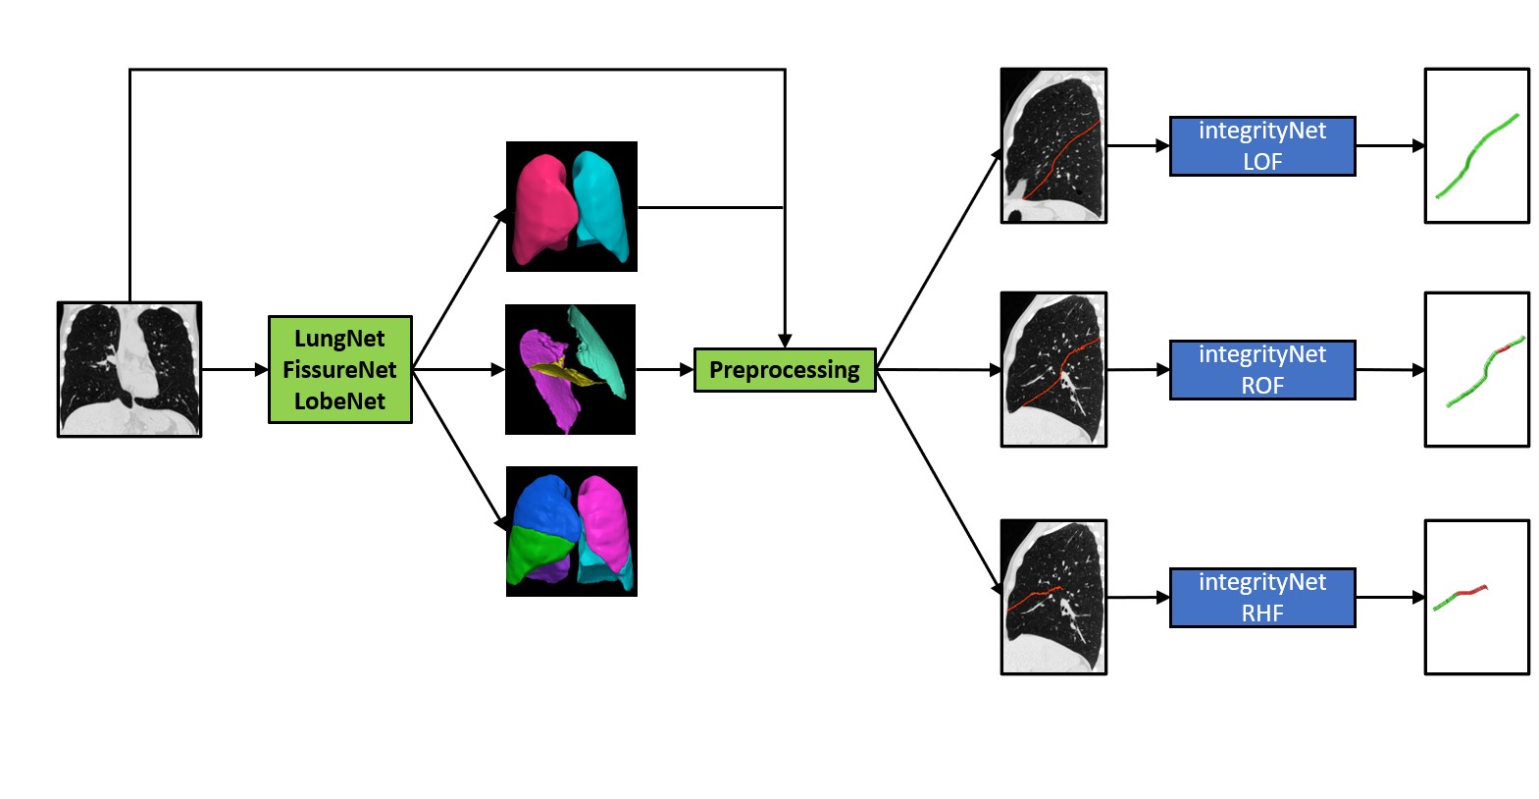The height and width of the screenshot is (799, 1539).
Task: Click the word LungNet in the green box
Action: click(339, 339)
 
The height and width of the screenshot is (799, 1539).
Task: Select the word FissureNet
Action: click(339, 370)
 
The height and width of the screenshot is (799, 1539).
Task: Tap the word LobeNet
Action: click(339, 401)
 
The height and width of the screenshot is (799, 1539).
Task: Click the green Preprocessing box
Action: click(784, 370)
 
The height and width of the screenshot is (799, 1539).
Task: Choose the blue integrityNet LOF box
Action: click(1261, 146)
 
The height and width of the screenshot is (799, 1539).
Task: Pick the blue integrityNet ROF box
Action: click(1261, 370)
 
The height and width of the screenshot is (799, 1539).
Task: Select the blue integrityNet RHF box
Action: click(1261, 597)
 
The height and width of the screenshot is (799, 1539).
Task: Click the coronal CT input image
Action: click(129, 369)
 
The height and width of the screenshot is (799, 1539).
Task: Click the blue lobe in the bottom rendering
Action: click(544, 505)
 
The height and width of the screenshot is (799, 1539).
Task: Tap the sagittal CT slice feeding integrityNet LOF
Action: click(1052, 146)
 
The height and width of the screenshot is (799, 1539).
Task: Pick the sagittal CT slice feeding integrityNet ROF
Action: click(1052, 370)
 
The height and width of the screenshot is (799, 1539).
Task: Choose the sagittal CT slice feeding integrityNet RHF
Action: click(1052, 597)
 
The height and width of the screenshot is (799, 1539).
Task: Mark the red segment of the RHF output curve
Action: click(1471, 591)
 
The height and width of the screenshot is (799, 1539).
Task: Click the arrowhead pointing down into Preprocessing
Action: click(785, 341)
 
